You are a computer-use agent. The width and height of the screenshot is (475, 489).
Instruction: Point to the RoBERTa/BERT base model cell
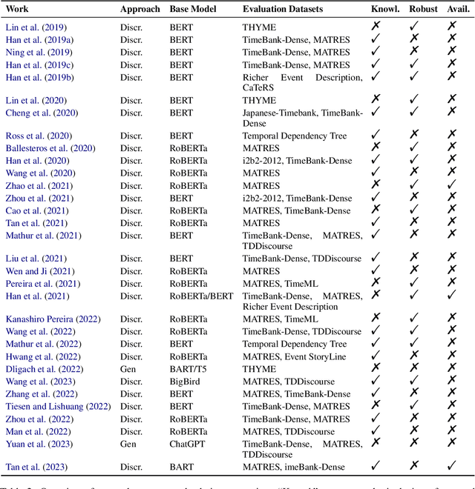tap(198, 296)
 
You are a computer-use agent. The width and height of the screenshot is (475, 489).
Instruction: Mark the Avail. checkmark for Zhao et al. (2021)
tap(451, 185)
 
